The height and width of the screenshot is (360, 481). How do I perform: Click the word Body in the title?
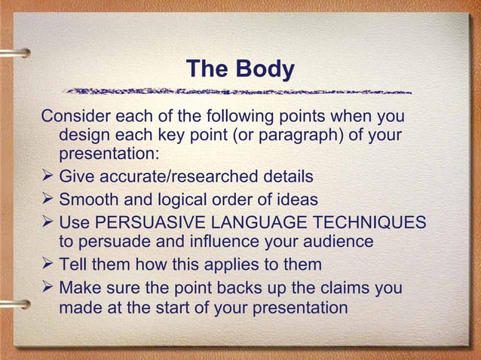click(265, 69)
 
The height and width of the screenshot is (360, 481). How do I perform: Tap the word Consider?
click(74, 117)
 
